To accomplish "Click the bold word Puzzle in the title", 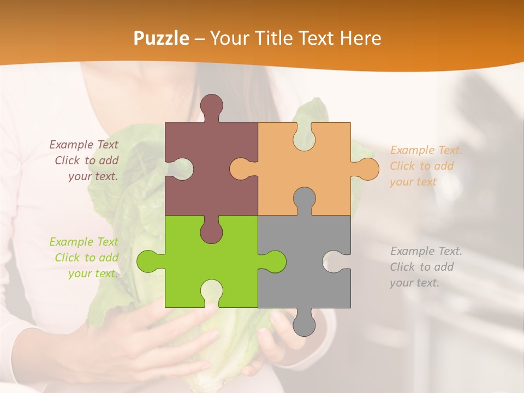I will click(162, 39).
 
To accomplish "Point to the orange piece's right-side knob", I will click(367, 169).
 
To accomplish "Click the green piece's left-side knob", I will click(148, 261).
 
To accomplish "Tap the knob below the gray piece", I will click(304, 324).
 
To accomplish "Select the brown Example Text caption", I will click(85, 160).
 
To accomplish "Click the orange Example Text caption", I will click(425, 166).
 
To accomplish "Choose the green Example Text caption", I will click(85, 258).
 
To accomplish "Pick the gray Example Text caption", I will click(425, 267).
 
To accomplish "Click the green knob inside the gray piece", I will click(275, 261).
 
